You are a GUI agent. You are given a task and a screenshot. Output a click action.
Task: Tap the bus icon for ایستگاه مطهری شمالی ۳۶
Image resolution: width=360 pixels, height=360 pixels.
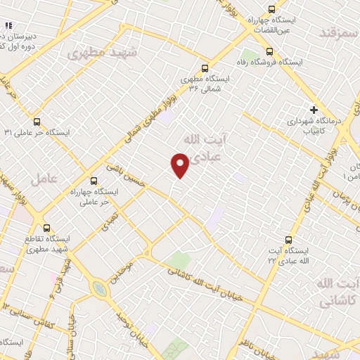[205, 68]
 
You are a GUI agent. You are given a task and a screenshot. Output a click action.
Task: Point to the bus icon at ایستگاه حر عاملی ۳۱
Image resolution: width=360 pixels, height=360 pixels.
[37, 120]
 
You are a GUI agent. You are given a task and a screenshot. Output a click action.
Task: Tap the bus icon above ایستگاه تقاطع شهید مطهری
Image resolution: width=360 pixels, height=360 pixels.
[47, 228]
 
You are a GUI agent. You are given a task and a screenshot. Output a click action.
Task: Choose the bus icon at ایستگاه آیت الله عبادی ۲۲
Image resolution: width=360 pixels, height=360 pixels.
[288, 239]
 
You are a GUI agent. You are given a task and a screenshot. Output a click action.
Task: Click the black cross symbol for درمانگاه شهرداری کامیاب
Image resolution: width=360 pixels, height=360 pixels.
[314, 110]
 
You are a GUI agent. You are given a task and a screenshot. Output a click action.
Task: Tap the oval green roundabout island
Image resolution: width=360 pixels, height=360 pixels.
[100, 289]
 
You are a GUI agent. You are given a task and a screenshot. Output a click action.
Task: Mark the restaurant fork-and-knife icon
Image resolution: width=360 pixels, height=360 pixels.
[8, 26]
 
